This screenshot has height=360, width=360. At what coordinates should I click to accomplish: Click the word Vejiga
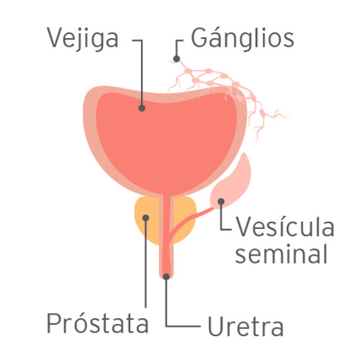pyautogui.click(x=83, y=39)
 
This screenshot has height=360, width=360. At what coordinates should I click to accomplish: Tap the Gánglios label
pyautogui.click(x=243, y=38)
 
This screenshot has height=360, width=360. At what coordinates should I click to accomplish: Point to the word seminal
pyautogui.click(x=282, y=254)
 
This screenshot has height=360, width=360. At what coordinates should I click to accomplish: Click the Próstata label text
pyautogui.click(x=97, y=322)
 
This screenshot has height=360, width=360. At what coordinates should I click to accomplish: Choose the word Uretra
pyautogui.click(x=246, y=325)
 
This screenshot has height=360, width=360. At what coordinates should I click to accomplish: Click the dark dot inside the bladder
pyautogui.click(x=142, y=108)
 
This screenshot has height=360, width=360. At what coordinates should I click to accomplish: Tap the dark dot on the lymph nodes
pyautogui.click(x=176, y=58)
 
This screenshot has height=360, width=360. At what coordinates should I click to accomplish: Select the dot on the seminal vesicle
pyautogui.click(x=221, y=202)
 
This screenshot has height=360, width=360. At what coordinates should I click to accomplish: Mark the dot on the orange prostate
pyautogui.click(x=145, y=218)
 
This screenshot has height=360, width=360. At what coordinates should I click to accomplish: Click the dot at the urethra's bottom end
pyautogui.click(x=166, y=276)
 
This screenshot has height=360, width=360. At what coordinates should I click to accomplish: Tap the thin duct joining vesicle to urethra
pyautogui.click(x=189, y=220)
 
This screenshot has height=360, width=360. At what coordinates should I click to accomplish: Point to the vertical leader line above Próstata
pyautogui.click(x=145, y=263)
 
